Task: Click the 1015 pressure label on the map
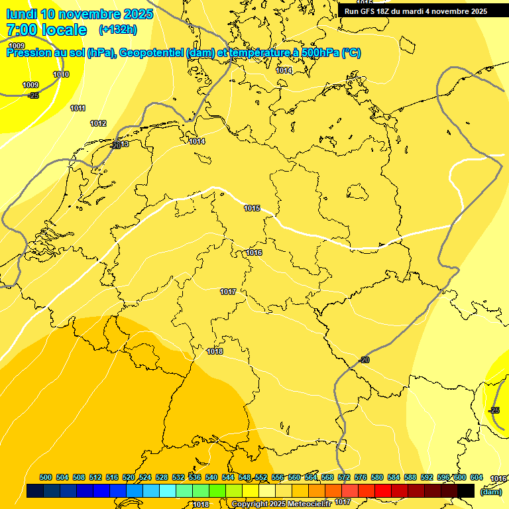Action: [x=252, y=208]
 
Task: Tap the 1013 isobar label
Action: [x=121, y=144]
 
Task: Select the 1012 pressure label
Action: [x=98, y=123]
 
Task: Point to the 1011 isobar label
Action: [x=78, y=108]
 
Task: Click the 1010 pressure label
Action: [x=61, y=74]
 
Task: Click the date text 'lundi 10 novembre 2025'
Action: [x=80, y=14]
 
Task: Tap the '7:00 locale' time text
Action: [x=46, y=30]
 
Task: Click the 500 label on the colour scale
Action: [x=46, y=477]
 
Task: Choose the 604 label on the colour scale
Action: [x=476, y=477]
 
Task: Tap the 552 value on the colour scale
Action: [x=261, y=477]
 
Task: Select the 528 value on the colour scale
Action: [x=162, y=477]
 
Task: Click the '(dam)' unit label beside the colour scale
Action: [x=491, y=492]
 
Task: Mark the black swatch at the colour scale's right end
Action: [x=466, y=490]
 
